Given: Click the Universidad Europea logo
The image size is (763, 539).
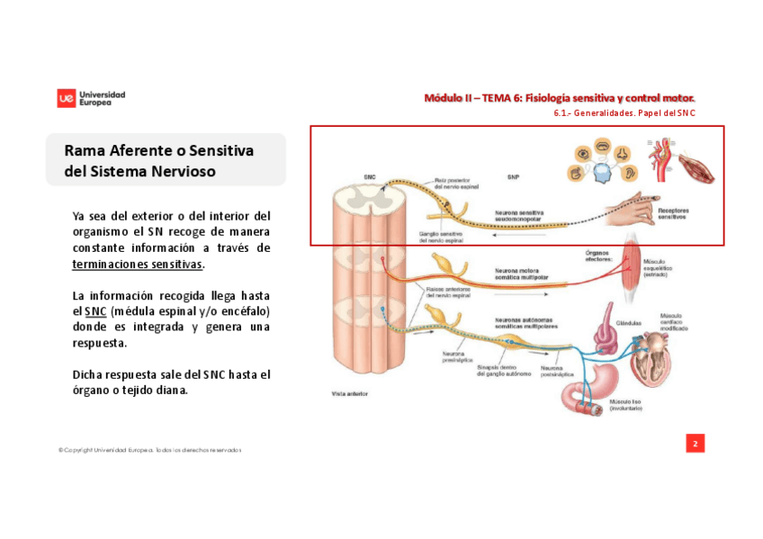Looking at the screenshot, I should tap(91, 98).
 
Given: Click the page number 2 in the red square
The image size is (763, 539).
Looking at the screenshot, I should tap(695, 443).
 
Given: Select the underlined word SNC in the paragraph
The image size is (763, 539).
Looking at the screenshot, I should tap(95, 311).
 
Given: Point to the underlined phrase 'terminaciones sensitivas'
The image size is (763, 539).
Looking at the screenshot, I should tap(138, 265).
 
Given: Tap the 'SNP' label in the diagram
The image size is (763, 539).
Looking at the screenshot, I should tap(512, 176).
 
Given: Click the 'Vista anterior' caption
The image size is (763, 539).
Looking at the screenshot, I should tap(349, 394).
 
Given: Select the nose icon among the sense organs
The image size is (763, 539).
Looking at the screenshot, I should tap(622, 148).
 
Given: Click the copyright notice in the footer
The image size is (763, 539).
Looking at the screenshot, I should tap(149, 450).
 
